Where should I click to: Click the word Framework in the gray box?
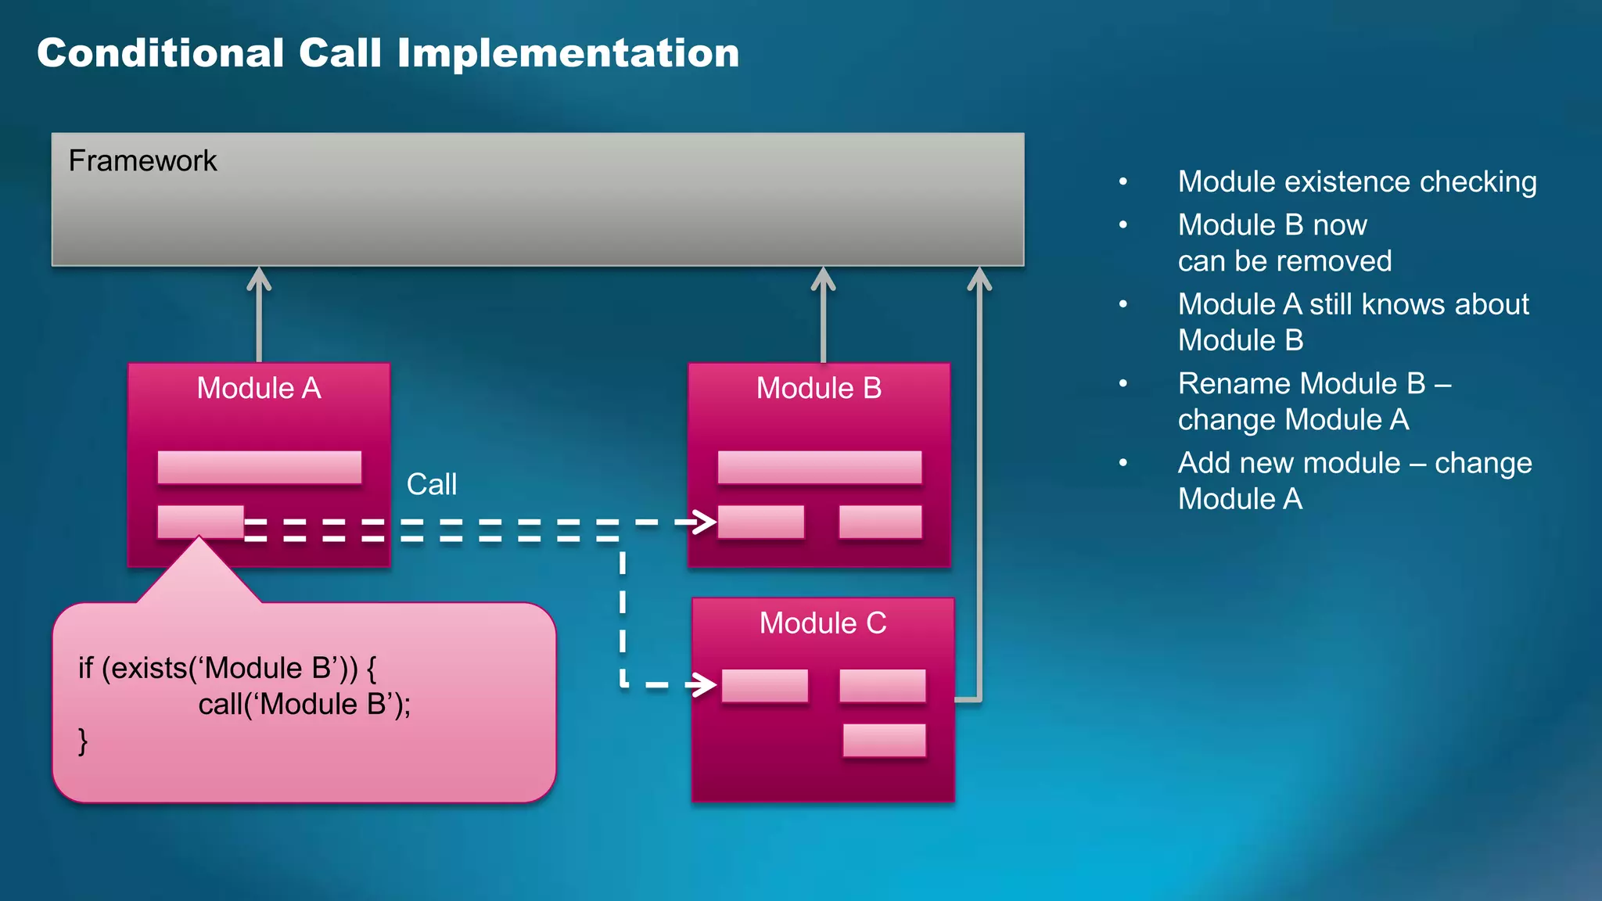point(142,161)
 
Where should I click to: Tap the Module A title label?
point(258,388)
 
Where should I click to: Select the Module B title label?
point(818,388)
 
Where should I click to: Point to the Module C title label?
point(822,623)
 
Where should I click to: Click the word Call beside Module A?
point(431,484)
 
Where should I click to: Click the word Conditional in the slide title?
point(160,53)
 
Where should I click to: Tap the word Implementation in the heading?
point(568,53)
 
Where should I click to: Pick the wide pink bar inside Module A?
point(259,467)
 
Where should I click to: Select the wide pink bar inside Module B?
point(819,467)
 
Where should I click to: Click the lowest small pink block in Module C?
point(884,740)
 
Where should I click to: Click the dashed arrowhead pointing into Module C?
point(706,685)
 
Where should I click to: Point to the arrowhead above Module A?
point(259,278)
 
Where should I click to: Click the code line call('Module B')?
point(304,705)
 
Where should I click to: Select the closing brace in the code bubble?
point(83,741)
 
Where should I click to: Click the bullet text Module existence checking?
point(1357,181)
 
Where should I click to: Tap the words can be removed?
point(1284,261)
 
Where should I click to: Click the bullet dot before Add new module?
point(1123,463)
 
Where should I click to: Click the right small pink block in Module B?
point(880,522)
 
